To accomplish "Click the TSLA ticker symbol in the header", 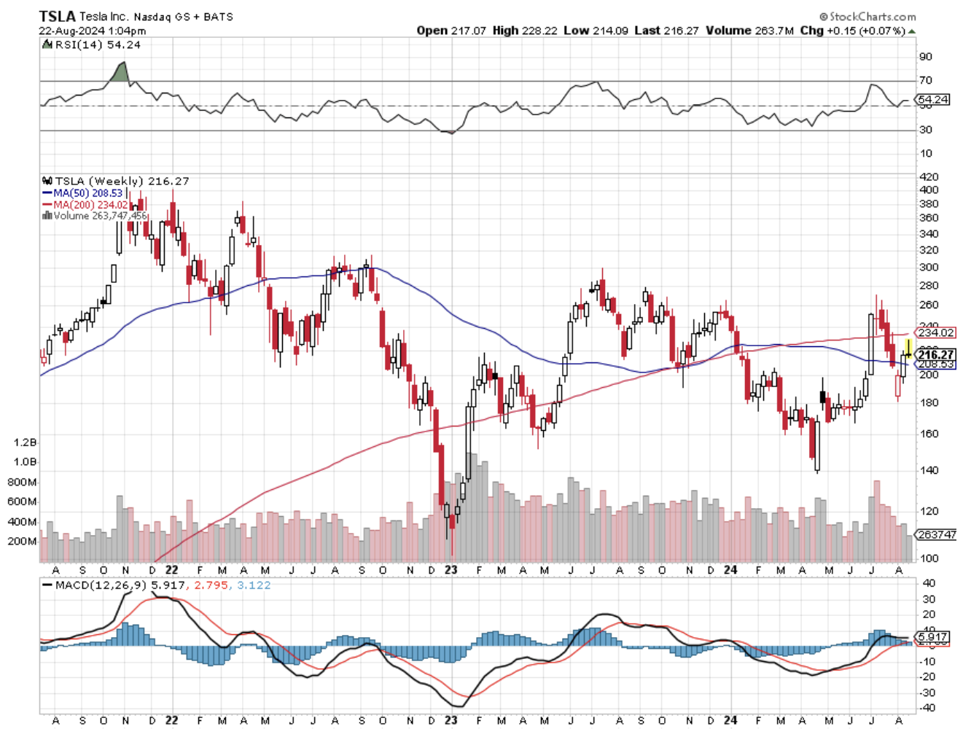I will [x=56, y=16].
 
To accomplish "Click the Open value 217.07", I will [x=468, y=31].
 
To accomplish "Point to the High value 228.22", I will [x=539, y=31].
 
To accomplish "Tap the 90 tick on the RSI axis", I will [x=925, y=57].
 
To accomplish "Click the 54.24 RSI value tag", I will [x=933, y=99].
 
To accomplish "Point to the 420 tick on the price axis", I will [x=929, y=176].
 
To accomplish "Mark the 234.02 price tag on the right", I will [x=935, y=332].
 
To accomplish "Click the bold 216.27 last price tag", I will [x=935, y=354].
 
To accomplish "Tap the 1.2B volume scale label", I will [x=25, y=442].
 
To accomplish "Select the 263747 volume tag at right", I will [x=936, y=534].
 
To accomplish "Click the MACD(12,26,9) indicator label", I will [x=101, y=585].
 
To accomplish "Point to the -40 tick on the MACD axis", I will [x=927, y=708].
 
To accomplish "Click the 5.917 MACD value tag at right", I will [x=932, y=637].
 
